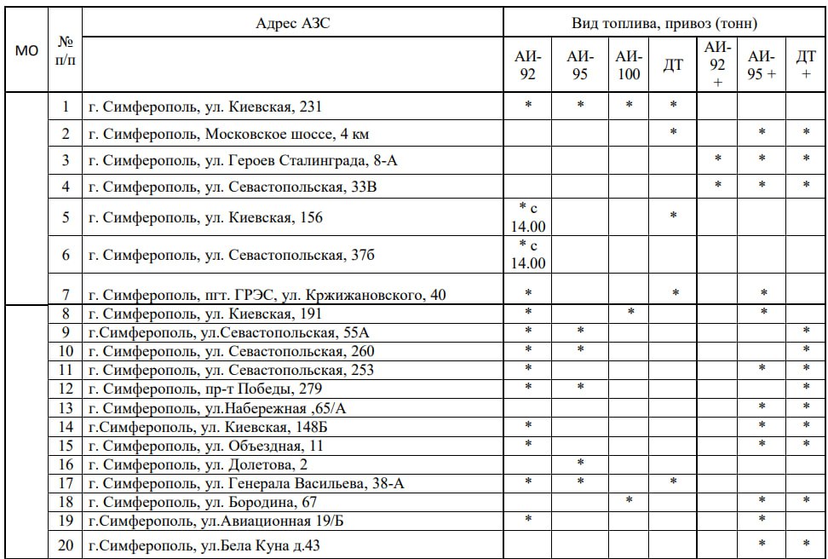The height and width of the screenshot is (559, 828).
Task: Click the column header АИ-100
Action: tap(629, 65)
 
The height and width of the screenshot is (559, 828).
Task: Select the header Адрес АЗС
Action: tap(292, 23)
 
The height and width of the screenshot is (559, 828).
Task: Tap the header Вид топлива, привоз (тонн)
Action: tap(664, 23)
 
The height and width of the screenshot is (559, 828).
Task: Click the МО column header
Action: tap(27, 51)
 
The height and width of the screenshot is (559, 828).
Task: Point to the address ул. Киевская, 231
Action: tap(205, 107)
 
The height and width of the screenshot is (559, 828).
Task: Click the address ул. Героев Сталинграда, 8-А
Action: tap(242, 160)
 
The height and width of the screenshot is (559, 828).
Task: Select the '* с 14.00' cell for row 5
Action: tap(527, 217)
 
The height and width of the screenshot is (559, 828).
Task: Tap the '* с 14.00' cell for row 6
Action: tap(527, 255)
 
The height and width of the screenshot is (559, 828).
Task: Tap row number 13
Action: tap(66, 407)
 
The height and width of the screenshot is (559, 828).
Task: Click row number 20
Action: tap(66, 545)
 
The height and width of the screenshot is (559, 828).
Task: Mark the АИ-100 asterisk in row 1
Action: tap(629, 106)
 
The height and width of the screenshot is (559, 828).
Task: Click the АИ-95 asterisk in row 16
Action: tap(579, 463)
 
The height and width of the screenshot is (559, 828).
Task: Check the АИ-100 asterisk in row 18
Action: tap(629, 500)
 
